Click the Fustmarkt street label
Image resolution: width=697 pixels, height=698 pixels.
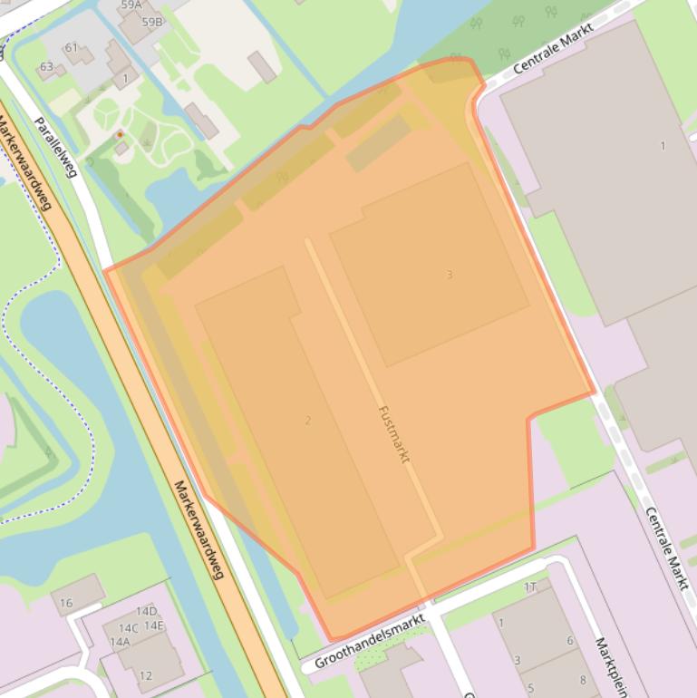click(393, 434)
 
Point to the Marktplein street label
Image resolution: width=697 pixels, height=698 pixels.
click(611, 666)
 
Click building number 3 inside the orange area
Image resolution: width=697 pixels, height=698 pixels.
click(449, 275)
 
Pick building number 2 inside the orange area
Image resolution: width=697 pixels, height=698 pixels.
click(308, 420)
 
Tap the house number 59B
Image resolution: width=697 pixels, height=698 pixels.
click(152, 22)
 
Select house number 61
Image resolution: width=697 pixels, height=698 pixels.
click(71, 47)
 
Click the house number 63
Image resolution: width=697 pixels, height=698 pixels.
click(46, 66)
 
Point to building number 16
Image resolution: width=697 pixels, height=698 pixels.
click(66, 603)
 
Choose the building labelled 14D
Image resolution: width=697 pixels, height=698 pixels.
click(146, 611)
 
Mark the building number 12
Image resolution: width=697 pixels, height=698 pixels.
click(146, 675)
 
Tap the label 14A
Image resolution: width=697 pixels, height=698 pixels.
click(120, 642)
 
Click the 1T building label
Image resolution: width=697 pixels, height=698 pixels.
click(530, 587)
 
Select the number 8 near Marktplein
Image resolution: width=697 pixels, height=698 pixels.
click(583, 680)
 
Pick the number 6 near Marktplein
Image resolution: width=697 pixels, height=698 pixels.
click(570, 641)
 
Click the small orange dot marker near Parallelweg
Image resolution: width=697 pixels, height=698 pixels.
click(120, 135)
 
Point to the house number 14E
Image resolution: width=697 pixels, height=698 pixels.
click(154, 625)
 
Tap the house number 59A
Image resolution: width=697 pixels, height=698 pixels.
click(131, 5)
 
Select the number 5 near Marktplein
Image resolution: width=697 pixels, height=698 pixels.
click(531, 688)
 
